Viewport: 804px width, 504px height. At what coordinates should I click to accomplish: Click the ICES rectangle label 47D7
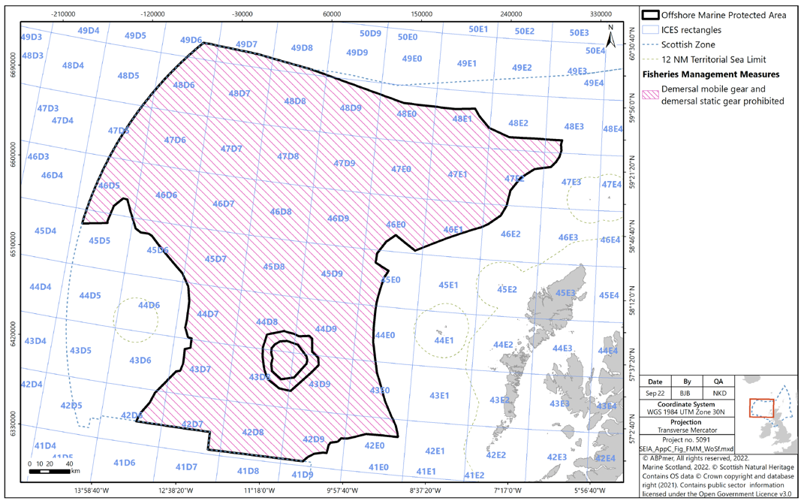coord(231,149)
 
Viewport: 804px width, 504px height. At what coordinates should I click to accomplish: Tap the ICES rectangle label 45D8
coord(273,267)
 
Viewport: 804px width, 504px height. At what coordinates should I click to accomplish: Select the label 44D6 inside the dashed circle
coord(149,305)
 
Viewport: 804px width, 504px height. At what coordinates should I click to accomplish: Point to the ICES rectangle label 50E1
coord(479,29)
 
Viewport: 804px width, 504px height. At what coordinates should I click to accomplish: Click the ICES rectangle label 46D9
coord(338,219)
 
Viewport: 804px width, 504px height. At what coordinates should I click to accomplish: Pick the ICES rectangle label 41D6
coord(124,463)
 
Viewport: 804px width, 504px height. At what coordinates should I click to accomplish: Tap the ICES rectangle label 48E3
coord(574,127)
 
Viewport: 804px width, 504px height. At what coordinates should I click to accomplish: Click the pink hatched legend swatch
coord(652,95)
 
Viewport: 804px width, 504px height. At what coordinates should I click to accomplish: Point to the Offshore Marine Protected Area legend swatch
coord(652,15)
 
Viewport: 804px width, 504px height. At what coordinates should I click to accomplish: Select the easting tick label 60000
coord(332,14)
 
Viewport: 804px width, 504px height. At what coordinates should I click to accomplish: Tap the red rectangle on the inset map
coord(762,408)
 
